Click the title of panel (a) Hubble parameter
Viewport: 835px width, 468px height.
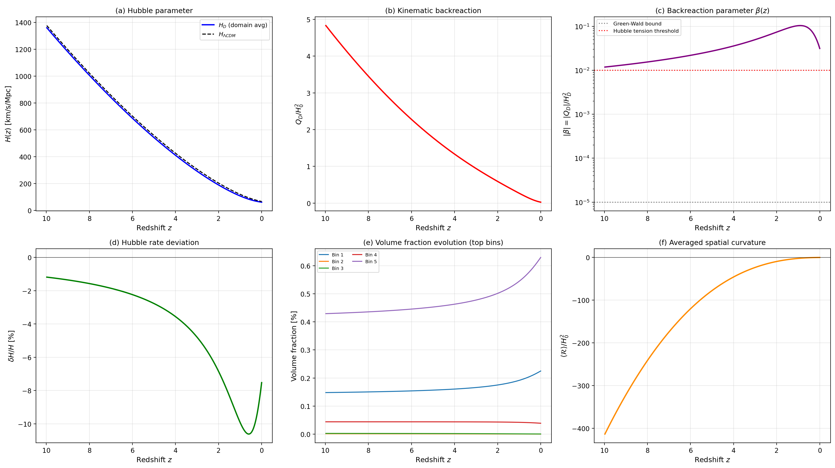[154, 11]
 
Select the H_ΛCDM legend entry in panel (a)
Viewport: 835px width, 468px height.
[227, 34]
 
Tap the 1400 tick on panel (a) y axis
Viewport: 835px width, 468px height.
[23, 23]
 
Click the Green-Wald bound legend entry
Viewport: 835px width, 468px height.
[637, 24]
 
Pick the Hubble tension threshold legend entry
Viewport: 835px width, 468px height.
[645, 31]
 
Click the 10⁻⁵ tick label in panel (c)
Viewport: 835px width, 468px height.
[582, 202]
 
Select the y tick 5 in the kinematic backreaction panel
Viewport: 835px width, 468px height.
[308, 20]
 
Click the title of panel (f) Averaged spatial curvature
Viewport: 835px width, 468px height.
[712, 243]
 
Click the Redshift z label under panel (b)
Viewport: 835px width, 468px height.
[433, 228]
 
